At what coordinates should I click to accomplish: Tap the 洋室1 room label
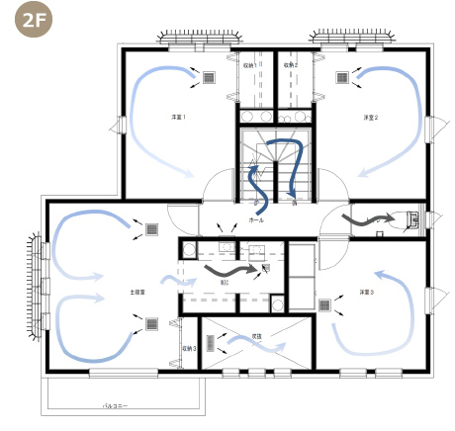tap(179, 117)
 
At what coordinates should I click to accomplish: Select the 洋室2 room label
tap(370, 117)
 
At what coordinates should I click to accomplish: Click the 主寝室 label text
tap(137, 293)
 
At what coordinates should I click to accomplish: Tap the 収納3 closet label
tap(189, 349)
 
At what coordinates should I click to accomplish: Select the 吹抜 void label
tap(255, 336)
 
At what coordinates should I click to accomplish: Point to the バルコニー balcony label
tap(117, 405)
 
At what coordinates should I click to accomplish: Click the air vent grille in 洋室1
tap(210, 77)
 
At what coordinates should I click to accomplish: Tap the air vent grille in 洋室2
tap(341, 77)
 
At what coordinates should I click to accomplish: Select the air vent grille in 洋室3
tap(325, 305)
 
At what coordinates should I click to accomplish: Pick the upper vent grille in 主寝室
tap(152, 229)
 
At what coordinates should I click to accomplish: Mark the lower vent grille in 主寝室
tap(152, 322)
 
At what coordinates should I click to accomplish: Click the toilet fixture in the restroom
tap(413, 218)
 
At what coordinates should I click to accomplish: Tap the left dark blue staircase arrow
tap(255, 180)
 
